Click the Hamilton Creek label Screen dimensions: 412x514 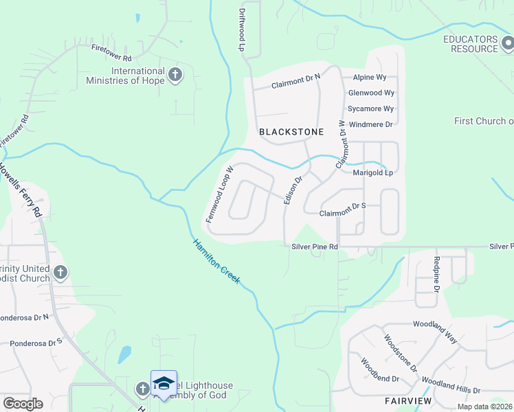click(x=216, y=262)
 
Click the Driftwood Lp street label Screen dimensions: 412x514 click(x=242, y=30)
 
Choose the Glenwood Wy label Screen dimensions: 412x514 click(x=371, y=93)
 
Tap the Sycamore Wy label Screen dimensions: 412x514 click(x=370, y=108)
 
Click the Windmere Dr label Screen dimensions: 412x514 click(x=370, y=124)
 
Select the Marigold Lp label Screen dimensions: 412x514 click(x=372, y=172)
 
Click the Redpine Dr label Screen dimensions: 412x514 click(x=436, y=274)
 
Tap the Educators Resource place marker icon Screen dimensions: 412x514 click(x=506, y=43)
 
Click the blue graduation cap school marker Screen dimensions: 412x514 click(x=164, y=383)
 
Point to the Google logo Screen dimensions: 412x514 click(x=23, y=404)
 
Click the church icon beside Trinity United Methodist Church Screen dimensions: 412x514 click(x=60, y=273)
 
